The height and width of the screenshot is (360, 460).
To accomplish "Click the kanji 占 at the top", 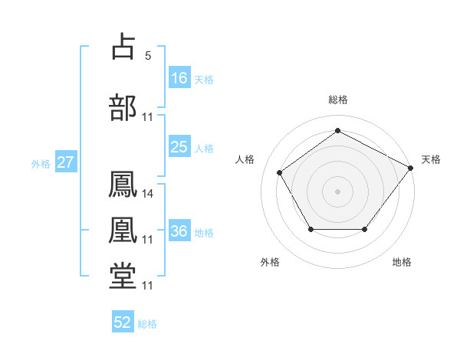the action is (123, 46).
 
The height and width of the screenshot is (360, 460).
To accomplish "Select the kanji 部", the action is (123, 107).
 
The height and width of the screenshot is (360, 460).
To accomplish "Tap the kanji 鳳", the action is (123, 184).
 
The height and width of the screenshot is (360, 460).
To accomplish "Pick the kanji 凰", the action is (123, 230).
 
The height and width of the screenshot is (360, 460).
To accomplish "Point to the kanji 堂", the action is (123, 276).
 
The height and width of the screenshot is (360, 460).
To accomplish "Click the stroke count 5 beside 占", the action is (148, 56).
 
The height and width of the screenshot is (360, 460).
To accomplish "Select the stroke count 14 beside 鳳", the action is (147, 194).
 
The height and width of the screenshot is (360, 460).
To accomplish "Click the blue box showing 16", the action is (180, 77).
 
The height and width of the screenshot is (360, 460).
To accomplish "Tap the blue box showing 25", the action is (180, 146).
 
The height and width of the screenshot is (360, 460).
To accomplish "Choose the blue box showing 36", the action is (180, 230).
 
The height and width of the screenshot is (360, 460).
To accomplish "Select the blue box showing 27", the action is (66, 162).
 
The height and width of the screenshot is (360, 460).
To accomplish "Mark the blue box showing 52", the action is (123, 321).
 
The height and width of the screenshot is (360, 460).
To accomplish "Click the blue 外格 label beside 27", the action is (41, 164).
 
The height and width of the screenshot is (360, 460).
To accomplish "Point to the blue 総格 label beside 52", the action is (147, 324).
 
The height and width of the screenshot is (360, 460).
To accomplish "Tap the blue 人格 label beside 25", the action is (204, 149).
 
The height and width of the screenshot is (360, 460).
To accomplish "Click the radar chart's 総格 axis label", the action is (338, 100).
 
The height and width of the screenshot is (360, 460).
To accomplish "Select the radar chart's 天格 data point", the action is (410, 168).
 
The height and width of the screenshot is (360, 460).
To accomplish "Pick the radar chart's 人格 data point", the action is (280, 172).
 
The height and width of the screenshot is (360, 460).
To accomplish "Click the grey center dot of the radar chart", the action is (337, 191).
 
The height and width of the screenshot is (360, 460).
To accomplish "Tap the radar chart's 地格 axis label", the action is (402, 262).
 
